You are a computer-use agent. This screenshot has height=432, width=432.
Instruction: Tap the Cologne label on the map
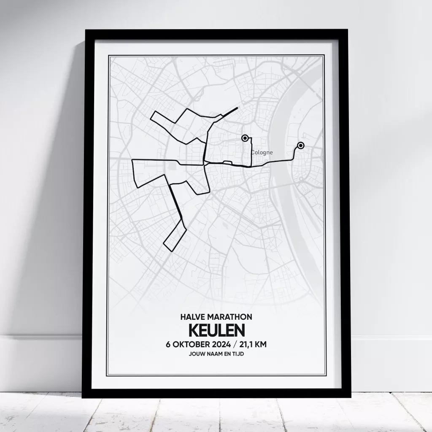click(262, 152)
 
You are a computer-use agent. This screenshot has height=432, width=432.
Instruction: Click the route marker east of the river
click(300, 146)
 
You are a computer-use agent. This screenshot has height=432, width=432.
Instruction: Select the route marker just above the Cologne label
click(245, 138)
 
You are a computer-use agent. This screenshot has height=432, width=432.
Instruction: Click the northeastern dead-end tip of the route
click(237, 108)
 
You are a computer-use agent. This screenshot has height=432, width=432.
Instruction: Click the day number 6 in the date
click(169, 344)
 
